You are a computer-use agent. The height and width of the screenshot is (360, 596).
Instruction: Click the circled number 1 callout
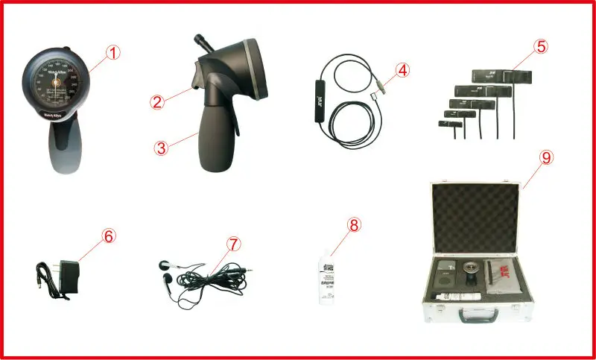[x=112, y=53]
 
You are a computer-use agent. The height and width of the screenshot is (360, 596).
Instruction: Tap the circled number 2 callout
[x=156, y=103]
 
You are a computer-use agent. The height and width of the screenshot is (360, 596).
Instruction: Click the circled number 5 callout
[x=541, y=46]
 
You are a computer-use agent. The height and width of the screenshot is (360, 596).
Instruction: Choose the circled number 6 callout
[x=109, y=236]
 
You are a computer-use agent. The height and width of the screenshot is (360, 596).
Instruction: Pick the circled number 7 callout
[x=234, y=244]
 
